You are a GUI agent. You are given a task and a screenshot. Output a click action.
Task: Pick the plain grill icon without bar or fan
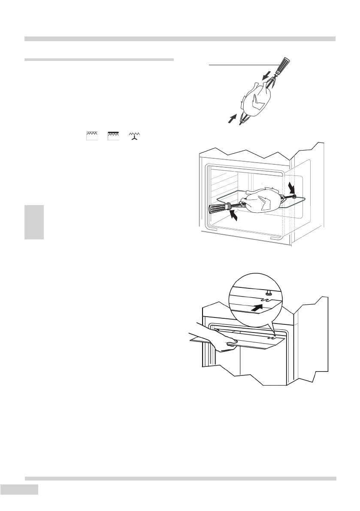pyautogui.click(x=91, y=136)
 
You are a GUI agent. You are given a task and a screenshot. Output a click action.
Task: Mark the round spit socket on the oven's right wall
pyautogui.click(x=294, y=196)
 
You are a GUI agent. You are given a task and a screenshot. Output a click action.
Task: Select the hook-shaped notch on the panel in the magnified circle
pyautogui.click(x=267, y=302)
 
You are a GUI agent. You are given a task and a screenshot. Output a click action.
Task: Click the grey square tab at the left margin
pyautogui.click(x=34, y=222)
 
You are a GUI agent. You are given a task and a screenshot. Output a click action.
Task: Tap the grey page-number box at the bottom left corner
pyautogui.click(x=20, y=490)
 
